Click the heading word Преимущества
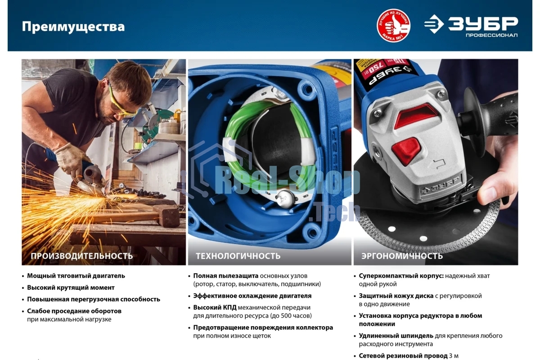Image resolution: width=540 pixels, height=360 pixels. pyautogui.click(x=73, y=27)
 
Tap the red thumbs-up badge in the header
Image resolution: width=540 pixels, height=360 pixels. pyautogui.click(x=393, y=26)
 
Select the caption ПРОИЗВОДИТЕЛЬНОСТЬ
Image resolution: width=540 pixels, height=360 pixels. pyautogui.click(x=81, y=256)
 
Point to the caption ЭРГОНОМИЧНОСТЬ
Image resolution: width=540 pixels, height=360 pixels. pyautogui.click(x=401, y=256)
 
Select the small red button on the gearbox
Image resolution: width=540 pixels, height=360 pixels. pyautogui.click(x=406, y=149)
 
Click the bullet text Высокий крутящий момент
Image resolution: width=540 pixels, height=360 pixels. pyautogui.click(x=71, y=288)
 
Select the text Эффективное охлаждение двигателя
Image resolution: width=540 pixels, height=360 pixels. pyautogui.click(x=252, y=296)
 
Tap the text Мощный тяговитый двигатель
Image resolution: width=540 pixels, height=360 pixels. pyautogui.click(x=76, y=276)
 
